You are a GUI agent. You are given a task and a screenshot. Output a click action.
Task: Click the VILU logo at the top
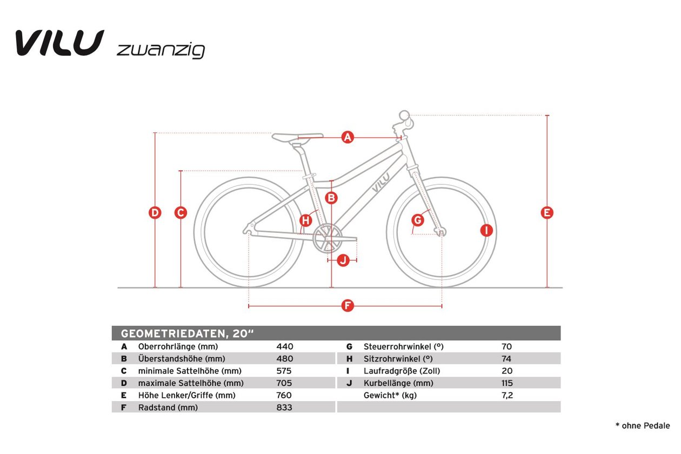pyautogui.click(x=60, y=43)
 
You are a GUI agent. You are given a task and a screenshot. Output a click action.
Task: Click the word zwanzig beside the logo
pyautogui.click(x=161, y=51)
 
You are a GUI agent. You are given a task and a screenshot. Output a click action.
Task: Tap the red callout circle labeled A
pyautogui.click(x=348, y=137)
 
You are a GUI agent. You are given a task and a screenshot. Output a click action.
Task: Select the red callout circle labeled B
pyautogui.click(x=331, y=198)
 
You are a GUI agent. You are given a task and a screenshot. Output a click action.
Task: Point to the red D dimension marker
pyautogui.click(x=155, y=212)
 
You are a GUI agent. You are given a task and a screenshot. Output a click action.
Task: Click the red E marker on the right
pyautogui.click(x=547, y=212)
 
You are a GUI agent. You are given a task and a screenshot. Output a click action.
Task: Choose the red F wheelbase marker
pyautogui.click(x=348, y=305)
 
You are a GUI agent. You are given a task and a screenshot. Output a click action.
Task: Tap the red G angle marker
pyautogui.click(x=418, y=220)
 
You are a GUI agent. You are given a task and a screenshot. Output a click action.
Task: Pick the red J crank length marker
pyautogui.click(x=343, y=261)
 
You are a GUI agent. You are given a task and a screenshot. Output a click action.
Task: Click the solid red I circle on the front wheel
pyautogui.click(x=486, y=230)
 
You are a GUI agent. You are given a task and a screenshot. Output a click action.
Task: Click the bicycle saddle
pyautogui.click(x=297, y=137)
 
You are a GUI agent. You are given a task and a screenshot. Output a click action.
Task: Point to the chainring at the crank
pyautogui.click(x=327, y=238)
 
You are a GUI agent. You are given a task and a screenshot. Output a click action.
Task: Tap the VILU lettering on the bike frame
pyautogui.click(x=381, y=183)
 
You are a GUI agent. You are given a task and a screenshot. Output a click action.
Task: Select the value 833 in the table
pyautogui.click(x=284, y=407)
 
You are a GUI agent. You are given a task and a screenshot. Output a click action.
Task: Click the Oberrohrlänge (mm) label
pyautogui.click(x=178, y=346)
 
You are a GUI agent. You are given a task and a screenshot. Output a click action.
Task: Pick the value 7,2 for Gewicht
pyautogui.click(x=507, y=395)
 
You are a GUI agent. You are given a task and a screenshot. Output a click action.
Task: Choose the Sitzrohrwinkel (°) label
pyautogui.click(x=398, y=359)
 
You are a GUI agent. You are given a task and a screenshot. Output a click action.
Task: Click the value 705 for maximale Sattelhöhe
pyautogui.click(x=284, y=383)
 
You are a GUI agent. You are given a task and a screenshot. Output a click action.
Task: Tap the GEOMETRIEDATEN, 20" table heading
pyautogui.click(x=187, y=333)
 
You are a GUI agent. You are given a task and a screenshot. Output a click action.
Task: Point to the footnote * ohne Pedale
pyautogui.click(x=643, y=425)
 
